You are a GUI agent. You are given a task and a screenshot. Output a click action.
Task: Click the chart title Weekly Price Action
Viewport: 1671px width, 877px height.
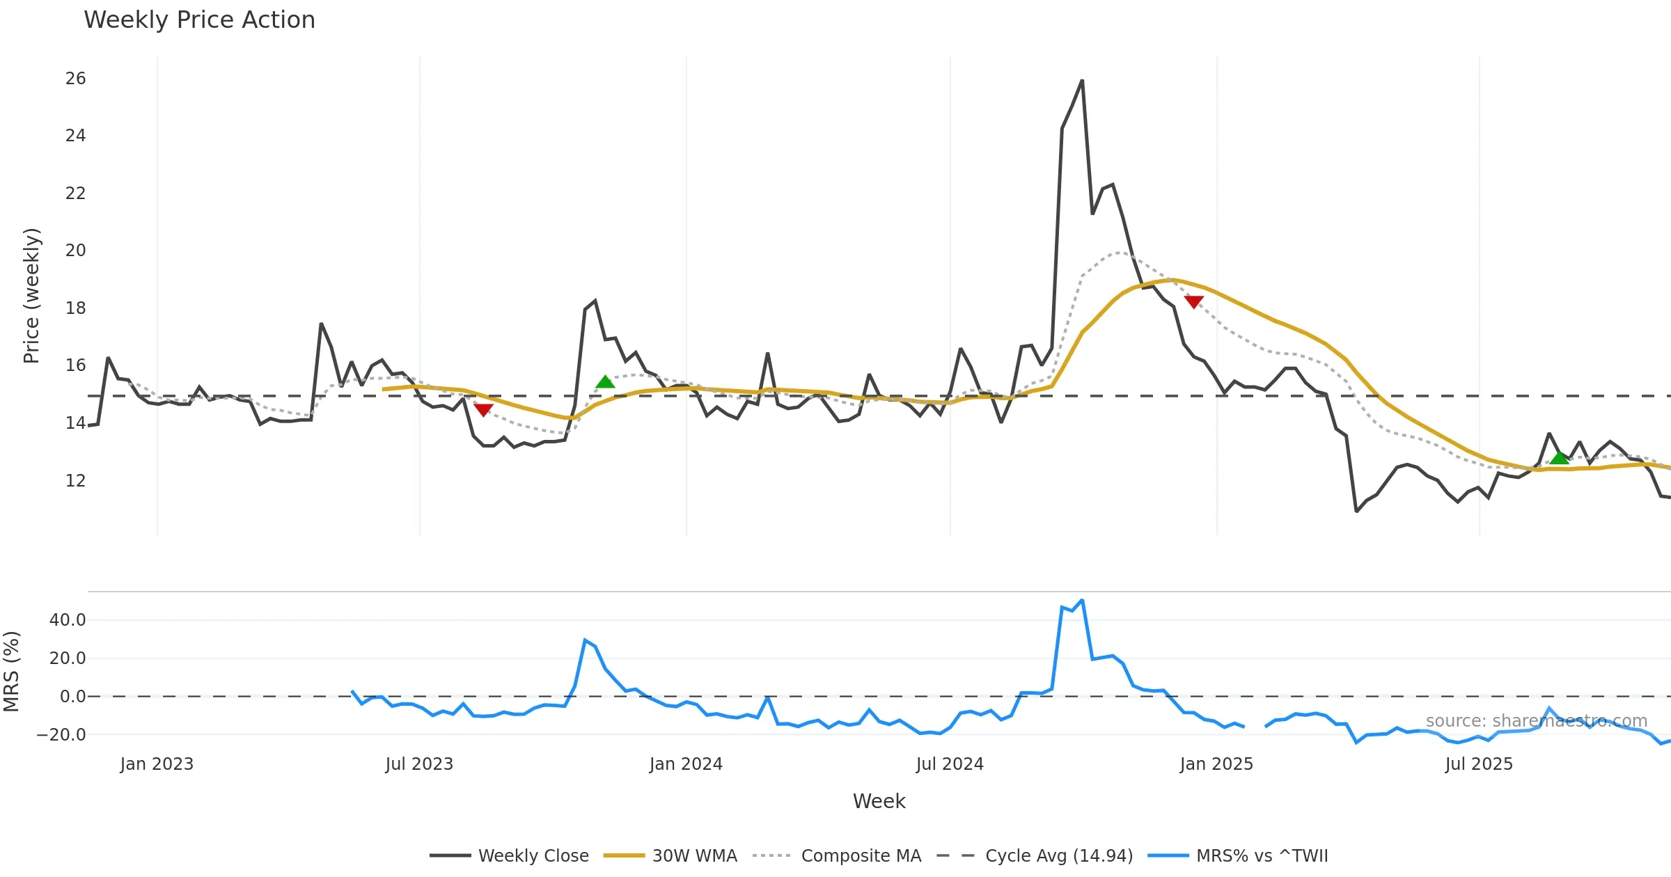click(x=199, y=20)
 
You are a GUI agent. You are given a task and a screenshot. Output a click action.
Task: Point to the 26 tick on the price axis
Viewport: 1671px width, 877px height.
click(x=75, y=79)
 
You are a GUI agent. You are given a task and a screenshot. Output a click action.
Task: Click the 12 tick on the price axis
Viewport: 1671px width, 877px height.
click(x=75, y=481)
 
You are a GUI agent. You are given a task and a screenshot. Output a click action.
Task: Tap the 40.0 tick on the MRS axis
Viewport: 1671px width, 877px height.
click(x=68, y=620)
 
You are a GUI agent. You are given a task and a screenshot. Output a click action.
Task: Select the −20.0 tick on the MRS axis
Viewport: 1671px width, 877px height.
click(x=61, y=735)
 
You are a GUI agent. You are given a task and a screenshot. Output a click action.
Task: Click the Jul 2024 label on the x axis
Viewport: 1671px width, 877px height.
click(x=950, y=764)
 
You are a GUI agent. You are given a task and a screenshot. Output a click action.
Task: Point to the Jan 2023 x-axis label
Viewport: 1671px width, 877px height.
click(x=157, y=764)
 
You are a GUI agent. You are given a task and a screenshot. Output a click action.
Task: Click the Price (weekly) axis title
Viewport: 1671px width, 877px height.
click(x=32, y=296)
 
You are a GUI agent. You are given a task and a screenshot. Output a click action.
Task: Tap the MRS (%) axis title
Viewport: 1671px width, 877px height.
click(x=12, y=672)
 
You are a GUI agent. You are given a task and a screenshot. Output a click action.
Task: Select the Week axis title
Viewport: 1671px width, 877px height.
click(x=879, y=802)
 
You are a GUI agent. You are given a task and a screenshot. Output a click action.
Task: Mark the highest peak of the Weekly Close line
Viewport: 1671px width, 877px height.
click(x=1082, y=81)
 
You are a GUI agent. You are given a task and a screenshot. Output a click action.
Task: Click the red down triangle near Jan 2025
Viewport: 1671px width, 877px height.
click(x=1194, y=301)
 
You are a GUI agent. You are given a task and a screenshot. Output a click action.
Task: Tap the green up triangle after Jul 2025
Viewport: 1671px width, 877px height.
click(x=1560, y=457)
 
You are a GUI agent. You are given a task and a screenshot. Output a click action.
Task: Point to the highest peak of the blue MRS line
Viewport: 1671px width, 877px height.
click(x=1081, y=600)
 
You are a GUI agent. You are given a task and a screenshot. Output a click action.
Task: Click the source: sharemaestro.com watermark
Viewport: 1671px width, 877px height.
click(x=1536, y=721)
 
